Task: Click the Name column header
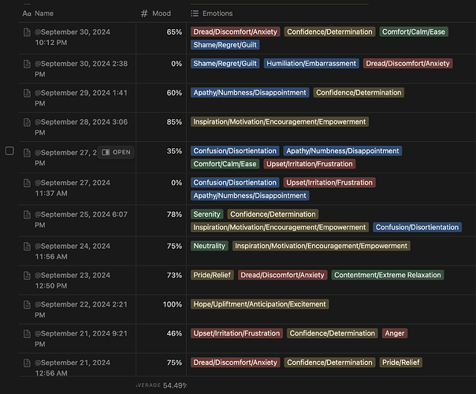tap(38, 13)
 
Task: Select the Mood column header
tap(156, 13)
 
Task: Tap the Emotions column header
tap(212, 13)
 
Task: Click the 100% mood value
tap(172, 304)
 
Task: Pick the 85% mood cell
tap(174, 121)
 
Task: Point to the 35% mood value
tap(174, 151)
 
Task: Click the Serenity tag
tap(206, 214)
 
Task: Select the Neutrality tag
tap(209, 246)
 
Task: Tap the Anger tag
tap(395, 333)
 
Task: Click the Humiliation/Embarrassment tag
tap(311, 63)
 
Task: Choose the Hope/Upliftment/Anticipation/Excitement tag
tap(259, 304)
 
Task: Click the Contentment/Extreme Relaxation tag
tap(388, 275)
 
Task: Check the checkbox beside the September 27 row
tap(9, 151)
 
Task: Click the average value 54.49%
tap(175, 385)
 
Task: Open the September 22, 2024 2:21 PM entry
tap(81, 310)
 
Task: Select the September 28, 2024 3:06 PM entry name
tap(81, 127)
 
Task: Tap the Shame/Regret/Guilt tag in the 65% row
tap(225, 45)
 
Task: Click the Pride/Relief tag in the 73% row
tap(212, 275)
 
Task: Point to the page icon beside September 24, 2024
tap(27, 246)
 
